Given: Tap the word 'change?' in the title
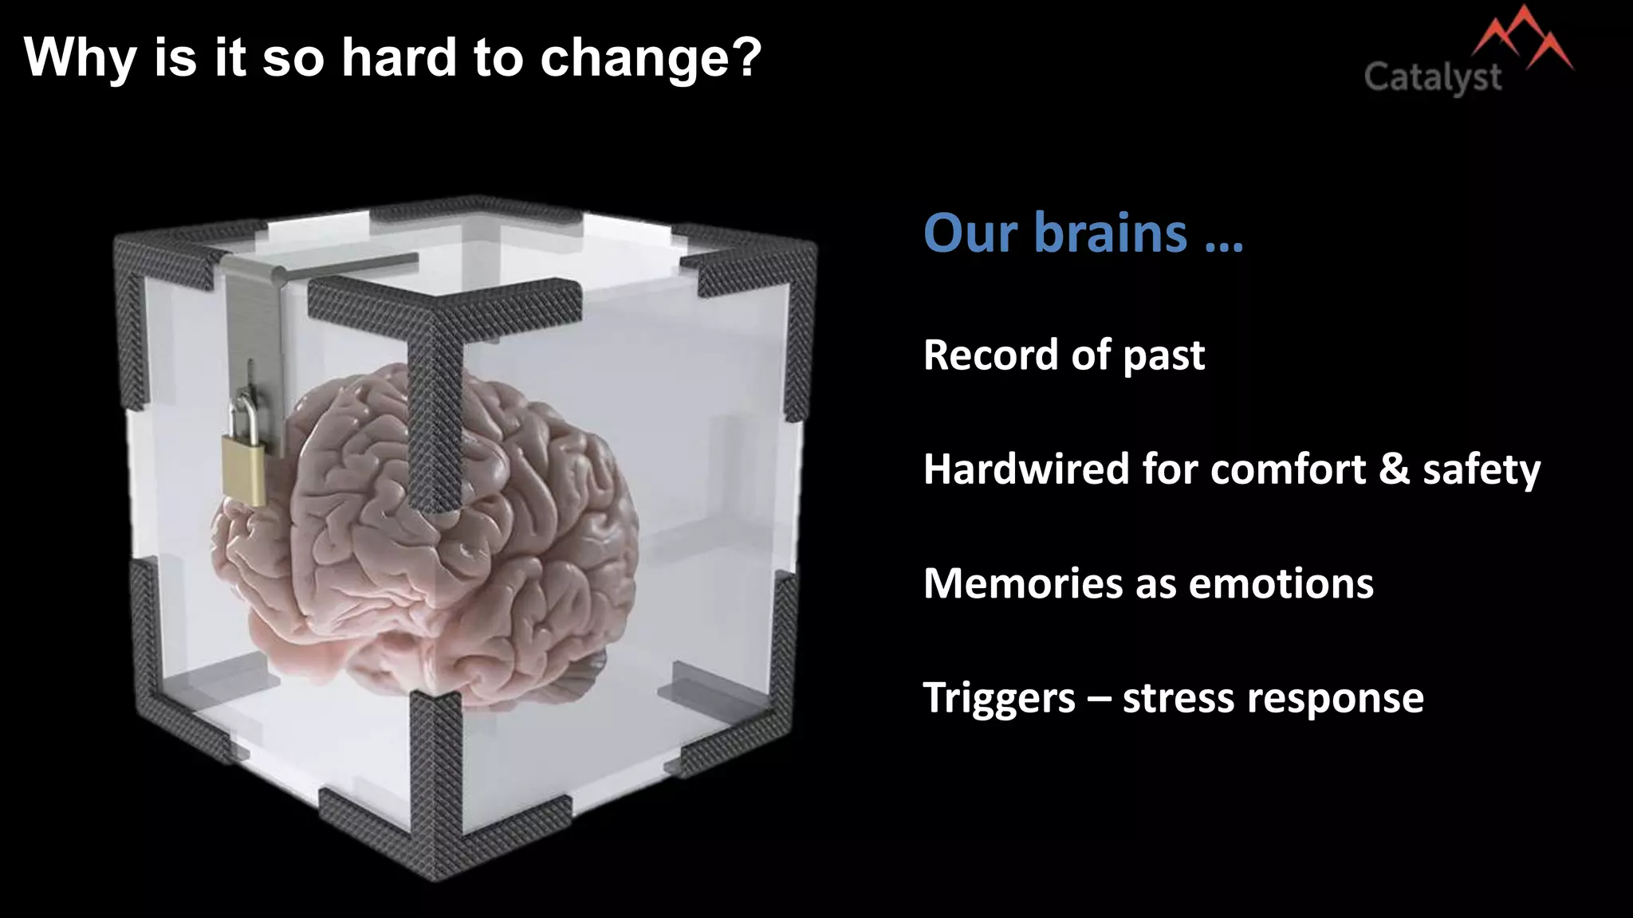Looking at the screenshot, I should (x=651, y=59).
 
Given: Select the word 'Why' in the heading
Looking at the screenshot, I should (x=80, y=59).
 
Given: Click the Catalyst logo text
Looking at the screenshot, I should (x=1433, y=78).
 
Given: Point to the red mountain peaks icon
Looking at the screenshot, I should (x=1521, y=40).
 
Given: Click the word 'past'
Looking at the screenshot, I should (x=1163, y=356).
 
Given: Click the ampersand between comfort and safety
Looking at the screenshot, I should (x=1394, y=469).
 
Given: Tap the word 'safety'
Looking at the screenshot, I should (x=1482, y=470).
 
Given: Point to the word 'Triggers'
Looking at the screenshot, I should (x=999, y=699).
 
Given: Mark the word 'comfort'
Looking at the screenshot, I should (x=1288, y=469).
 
